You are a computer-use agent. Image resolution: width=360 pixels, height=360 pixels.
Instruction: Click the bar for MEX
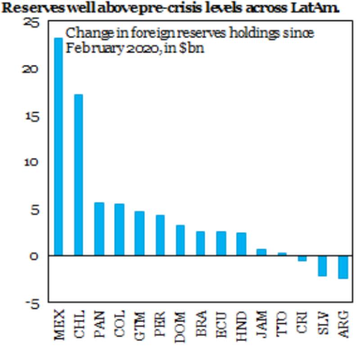click(x=58, y=147)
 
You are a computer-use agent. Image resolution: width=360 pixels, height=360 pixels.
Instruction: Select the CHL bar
click(x=79, y=175)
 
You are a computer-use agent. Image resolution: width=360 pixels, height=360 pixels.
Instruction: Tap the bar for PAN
click(x=99, y=229)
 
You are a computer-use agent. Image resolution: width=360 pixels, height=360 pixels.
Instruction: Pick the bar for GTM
click(x=139, y=233)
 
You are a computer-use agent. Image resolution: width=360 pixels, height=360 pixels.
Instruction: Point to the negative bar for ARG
click(x=343, y=267)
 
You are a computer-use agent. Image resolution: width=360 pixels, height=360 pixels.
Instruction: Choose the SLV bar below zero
click(x=323, y=266)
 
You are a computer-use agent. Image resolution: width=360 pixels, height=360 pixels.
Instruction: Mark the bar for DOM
click(x=180, y=240)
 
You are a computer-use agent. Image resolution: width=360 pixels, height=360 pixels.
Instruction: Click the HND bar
click(x=241, y=244)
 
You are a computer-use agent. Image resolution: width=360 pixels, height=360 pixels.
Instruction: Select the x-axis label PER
click(x=160, y=324)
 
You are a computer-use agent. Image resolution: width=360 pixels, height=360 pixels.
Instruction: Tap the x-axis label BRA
click(x=201, y=325)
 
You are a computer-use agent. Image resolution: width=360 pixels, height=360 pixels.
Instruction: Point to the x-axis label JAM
click(x=261, y=324)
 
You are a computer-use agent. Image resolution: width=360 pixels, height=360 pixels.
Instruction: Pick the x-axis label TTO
click(x=282, y=324)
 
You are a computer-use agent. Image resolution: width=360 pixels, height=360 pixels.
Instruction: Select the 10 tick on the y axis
click(x=33, y=163)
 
